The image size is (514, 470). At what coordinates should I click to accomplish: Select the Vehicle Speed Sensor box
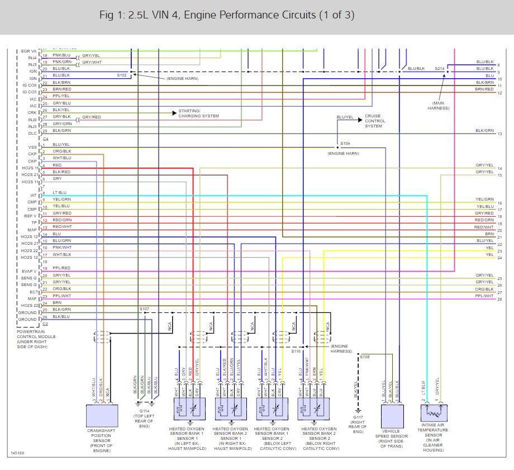[x=392, y=416]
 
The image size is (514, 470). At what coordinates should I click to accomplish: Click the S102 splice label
[x=122, y=75]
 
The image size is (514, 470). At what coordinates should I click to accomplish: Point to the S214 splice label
[x=440, y=68]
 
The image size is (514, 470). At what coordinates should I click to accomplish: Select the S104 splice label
[x=345, y=144]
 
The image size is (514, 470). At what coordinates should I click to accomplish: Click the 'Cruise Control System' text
[x=375, y=121]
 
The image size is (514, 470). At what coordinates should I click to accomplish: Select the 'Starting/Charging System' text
[x=198, y=113]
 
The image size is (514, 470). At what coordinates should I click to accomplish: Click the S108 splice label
[x=364, y=356]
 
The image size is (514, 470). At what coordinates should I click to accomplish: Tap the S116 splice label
[x=296, y=351]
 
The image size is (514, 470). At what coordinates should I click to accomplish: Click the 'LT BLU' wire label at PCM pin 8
[x=59, y=193]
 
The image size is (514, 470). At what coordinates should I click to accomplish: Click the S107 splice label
[x=144, y=308]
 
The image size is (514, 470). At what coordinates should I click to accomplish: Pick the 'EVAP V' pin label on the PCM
[x=28, y=271]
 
